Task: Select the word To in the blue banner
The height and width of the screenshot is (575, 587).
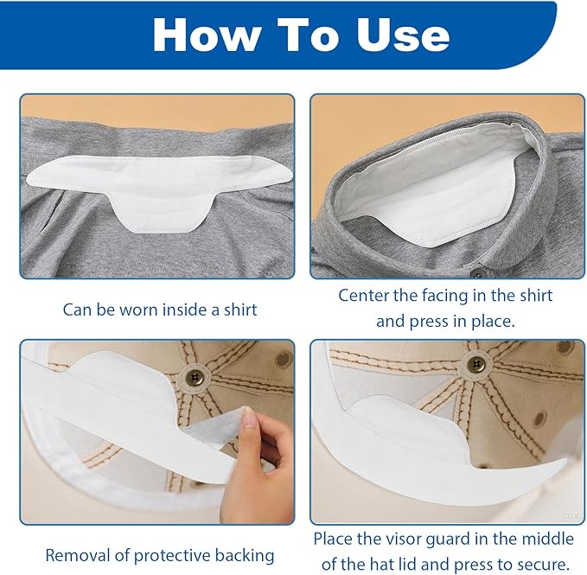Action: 308,35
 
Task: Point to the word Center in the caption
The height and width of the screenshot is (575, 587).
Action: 364,296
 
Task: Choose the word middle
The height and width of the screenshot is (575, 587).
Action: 548,540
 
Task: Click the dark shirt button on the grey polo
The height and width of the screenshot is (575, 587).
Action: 477,271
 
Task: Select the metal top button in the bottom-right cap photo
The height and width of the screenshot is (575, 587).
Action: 475,363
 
